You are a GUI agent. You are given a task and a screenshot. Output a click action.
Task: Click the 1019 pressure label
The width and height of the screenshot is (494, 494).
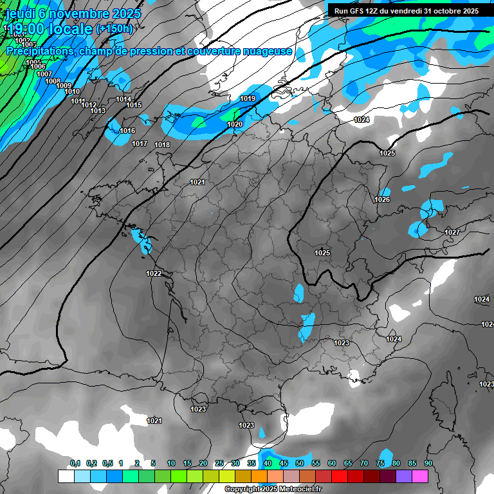point(248,98)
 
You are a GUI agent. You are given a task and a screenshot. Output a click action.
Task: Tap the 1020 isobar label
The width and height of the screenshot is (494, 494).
point(235,124)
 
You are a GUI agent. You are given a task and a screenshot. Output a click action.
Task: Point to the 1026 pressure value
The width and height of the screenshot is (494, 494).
point(382,199)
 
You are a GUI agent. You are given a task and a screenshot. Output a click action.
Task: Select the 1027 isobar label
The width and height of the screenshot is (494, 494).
point(452,232)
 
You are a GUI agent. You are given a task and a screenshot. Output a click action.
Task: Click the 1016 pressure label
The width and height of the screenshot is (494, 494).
point(127,131)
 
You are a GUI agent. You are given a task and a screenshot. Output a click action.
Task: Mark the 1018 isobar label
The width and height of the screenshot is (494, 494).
point(162,145)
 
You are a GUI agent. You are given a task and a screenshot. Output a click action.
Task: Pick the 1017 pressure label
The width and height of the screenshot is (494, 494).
point(140,143)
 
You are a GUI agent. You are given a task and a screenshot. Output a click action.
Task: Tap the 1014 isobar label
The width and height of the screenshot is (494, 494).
point(123,99)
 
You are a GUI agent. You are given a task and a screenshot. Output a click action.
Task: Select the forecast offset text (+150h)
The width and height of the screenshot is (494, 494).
point(114,28)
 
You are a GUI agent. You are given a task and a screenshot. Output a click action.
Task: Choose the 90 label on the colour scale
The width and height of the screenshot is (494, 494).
point(428,463)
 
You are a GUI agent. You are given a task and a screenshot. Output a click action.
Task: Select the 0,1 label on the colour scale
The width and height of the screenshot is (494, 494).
point(75,463)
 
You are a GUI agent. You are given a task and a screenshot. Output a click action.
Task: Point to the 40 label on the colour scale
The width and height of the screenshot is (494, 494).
point(267,463)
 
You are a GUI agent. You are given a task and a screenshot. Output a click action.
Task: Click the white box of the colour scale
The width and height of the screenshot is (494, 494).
point(66,476)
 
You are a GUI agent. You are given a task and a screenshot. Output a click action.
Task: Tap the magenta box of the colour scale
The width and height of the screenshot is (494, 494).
point(420,476)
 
